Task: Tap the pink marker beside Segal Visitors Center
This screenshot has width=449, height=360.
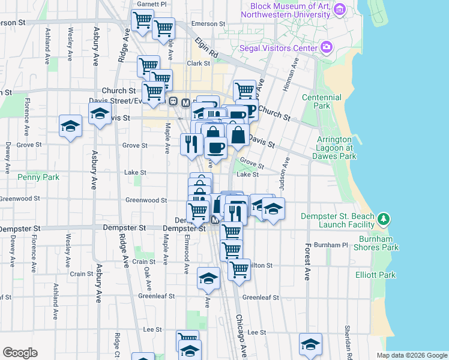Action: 327,46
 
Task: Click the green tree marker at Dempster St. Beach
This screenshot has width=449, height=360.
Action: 382,220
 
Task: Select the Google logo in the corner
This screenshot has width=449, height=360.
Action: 20,353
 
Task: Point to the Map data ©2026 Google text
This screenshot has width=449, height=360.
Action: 412,355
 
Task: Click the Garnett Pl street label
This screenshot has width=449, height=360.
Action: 151,4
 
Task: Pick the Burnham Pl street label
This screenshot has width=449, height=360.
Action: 335,245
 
